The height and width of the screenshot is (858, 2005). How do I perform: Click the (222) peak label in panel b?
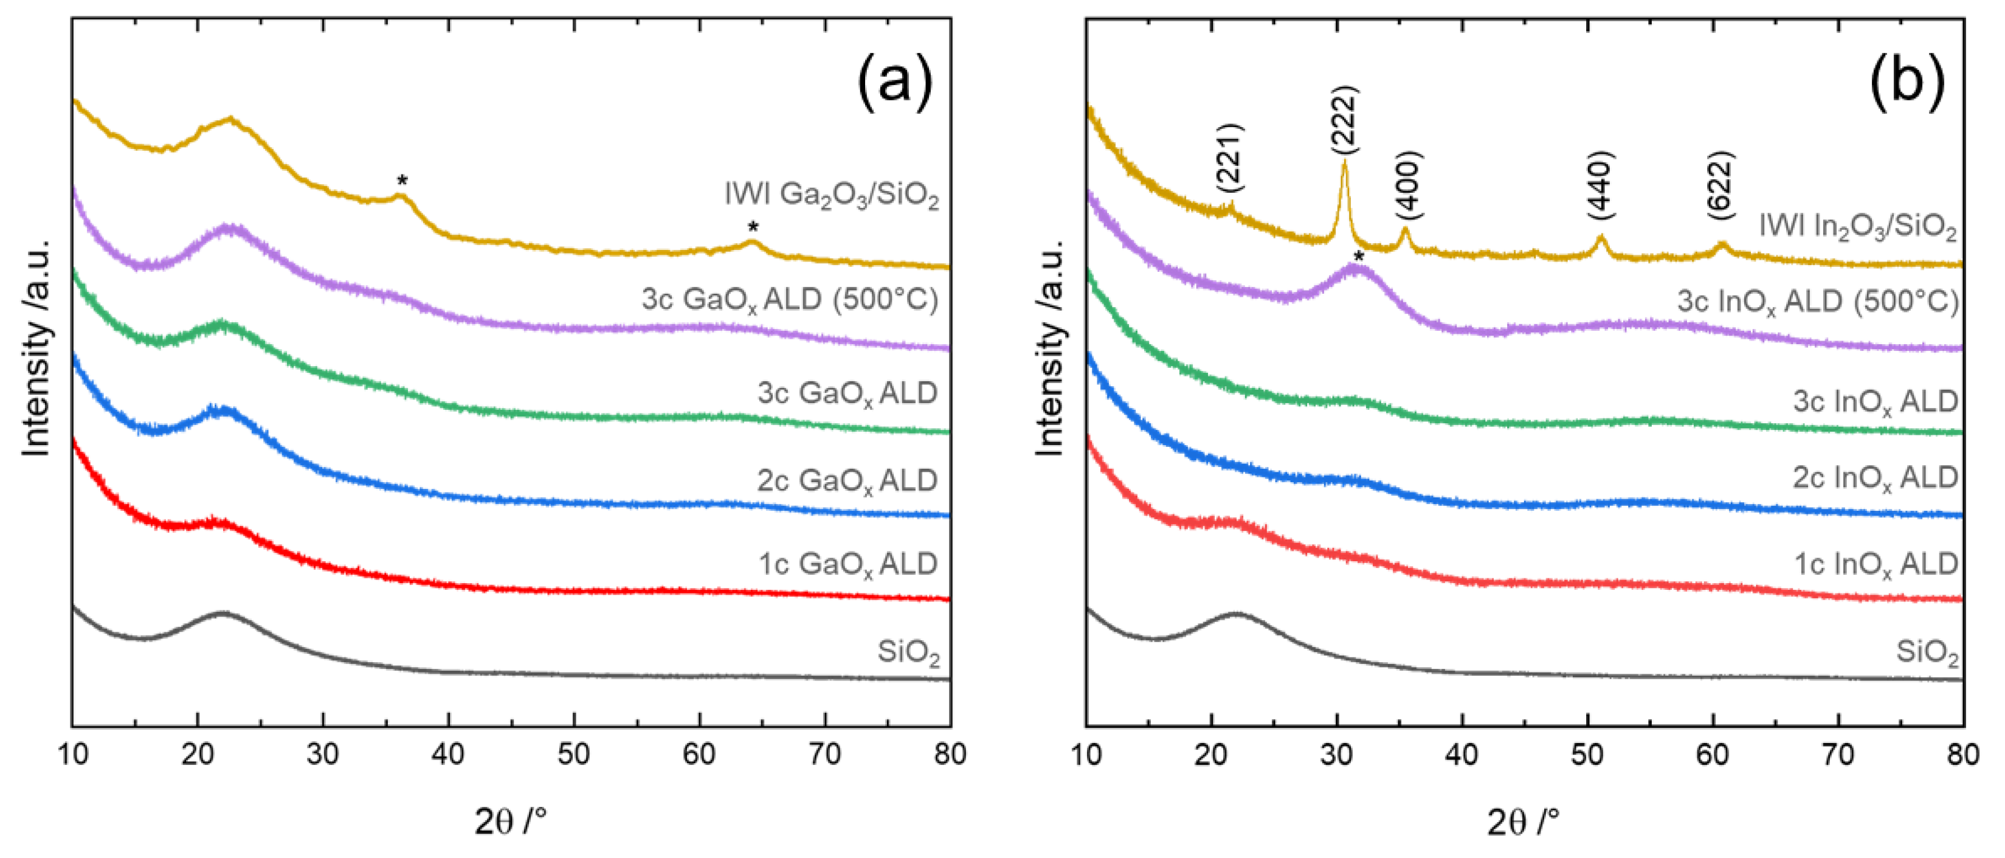[1344, 120]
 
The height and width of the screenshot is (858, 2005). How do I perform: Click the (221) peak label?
[1230, 158]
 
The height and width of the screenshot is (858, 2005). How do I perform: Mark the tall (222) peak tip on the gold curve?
[1344, 162]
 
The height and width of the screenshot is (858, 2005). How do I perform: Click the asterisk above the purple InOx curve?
[1358, 258]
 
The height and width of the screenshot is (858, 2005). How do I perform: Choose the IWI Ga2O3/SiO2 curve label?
[831, 195]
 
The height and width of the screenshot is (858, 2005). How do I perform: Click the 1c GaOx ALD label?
[847, 564]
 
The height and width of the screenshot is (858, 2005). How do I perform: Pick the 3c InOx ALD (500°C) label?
[1817, 302]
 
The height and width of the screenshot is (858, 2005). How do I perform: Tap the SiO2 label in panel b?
[1927, 652]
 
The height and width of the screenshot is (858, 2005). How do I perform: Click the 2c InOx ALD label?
[1875, 477]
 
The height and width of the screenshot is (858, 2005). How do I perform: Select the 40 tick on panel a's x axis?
[448, 753]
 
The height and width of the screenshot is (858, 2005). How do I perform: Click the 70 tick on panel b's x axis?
[1838, 753]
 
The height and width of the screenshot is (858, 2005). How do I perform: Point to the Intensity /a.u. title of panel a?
[36, 347]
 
